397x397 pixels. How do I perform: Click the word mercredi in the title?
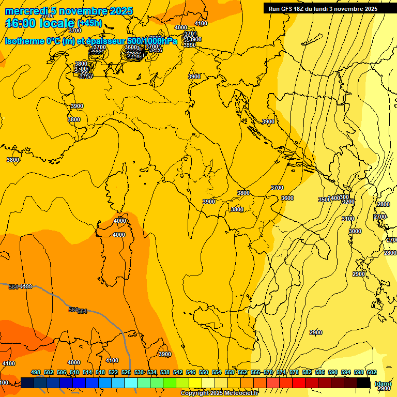click(x=26, y=11)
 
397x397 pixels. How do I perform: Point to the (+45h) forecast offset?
click(x=89, y=23)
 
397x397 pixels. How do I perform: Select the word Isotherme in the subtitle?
click(x=25, y=41)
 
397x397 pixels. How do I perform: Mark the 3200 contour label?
click(x=348, y=202)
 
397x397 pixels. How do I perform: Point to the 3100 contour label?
click(x=348, y=219)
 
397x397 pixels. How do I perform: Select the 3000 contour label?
click(x=355, y=231)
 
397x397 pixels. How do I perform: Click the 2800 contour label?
click(x=383, y=204)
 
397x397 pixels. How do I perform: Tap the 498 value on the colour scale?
click(x=36, y=372)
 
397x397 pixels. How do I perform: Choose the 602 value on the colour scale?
click(x=372, y=372)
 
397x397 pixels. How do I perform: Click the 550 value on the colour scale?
click(x=204, y=372)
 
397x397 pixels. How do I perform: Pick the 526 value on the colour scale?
click(x=126, y=372)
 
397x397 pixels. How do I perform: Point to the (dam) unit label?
click(x=383, y=384)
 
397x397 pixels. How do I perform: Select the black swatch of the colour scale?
click(x=363, y=383)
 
